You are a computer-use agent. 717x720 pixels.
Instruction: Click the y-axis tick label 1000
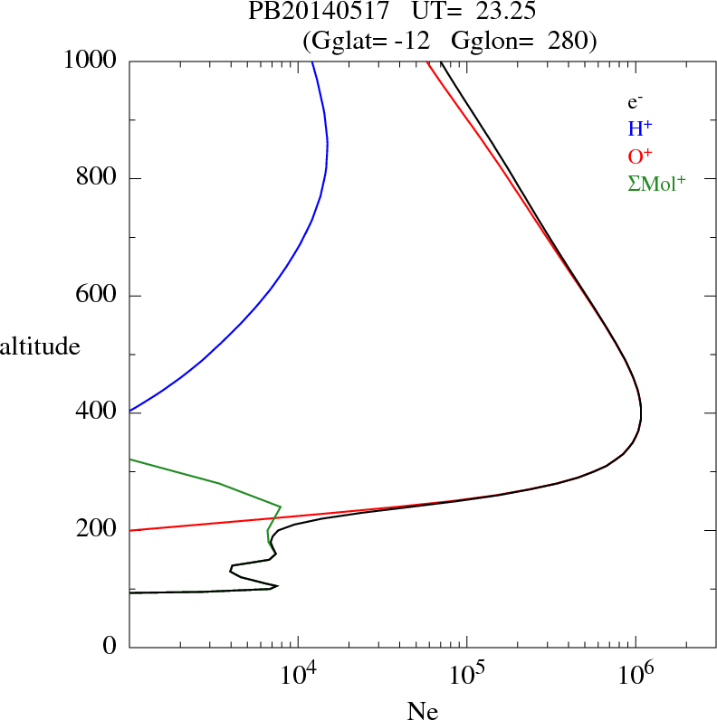[x=90, y=61]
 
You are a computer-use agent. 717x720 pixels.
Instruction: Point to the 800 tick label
[x=95, y=178]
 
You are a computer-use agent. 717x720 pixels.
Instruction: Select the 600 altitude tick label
[x=95, y=296]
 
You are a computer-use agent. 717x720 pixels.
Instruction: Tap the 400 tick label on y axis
[x=95, y=413]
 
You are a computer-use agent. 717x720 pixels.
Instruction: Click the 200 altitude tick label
[x=95, y=530]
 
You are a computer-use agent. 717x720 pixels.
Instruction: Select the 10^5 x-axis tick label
[x=466, y=674]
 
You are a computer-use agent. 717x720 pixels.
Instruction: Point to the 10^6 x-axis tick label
[x=635, y=674]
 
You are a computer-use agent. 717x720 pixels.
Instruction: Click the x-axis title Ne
[x=423, y=710]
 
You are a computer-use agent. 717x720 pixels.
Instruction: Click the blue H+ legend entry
[x=641, y=128]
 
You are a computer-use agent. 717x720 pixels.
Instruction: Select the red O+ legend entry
[x=641, y=156]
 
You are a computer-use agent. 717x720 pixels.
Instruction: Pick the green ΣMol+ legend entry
[x=656, y=183]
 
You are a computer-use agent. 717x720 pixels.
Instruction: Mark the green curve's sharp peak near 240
[x=281, y=507]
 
